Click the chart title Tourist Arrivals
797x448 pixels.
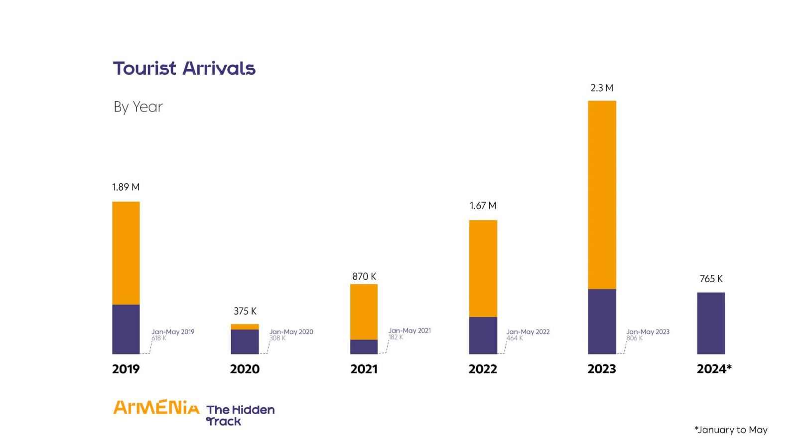184,68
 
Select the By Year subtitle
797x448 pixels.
138,107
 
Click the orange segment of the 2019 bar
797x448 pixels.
126,253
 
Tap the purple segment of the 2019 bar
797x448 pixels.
126,329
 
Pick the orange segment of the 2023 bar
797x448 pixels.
602,195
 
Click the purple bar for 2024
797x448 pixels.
711,323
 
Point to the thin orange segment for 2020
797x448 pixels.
245,327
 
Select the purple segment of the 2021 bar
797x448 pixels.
364,346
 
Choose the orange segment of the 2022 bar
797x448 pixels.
483,268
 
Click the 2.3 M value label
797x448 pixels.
602,88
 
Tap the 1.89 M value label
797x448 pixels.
126,187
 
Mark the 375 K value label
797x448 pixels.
245,311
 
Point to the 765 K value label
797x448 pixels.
711,279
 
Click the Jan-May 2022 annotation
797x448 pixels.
528,332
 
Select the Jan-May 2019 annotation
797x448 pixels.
173,332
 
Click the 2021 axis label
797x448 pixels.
364,369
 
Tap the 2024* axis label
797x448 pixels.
714,369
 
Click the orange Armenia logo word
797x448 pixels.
156,408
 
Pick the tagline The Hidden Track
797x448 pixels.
240,415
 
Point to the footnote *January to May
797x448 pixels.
731,430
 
